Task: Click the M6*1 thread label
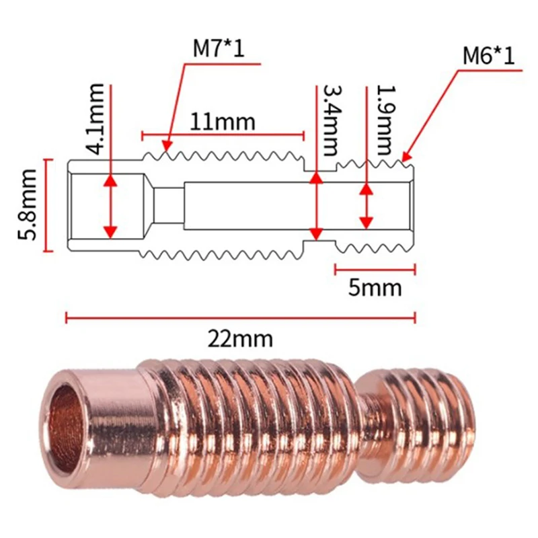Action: (488, 55)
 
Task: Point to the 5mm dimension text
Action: (375, 288)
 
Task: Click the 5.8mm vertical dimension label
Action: (26, 205)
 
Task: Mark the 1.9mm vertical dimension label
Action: (385, 120)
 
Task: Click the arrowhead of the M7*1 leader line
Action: (166, 146)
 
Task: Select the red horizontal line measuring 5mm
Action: (375, 269)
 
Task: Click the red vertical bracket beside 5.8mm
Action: (47, 205)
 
